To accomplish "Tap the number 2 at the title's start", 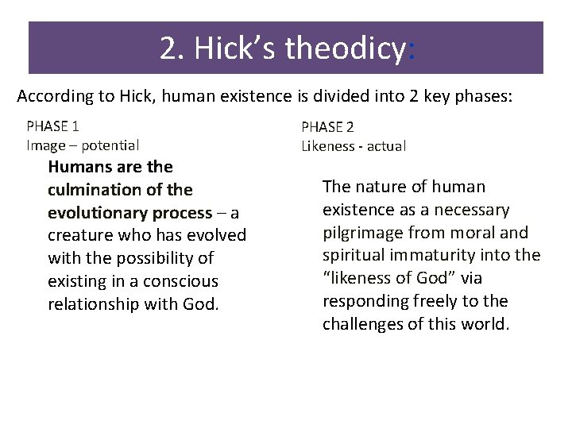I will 168,48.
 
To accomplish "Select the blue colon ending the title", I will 411,50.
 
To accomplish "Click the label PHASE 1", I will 52,126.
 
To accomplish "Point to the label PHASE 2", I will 327,127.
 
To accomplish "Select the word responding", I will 363,301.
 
